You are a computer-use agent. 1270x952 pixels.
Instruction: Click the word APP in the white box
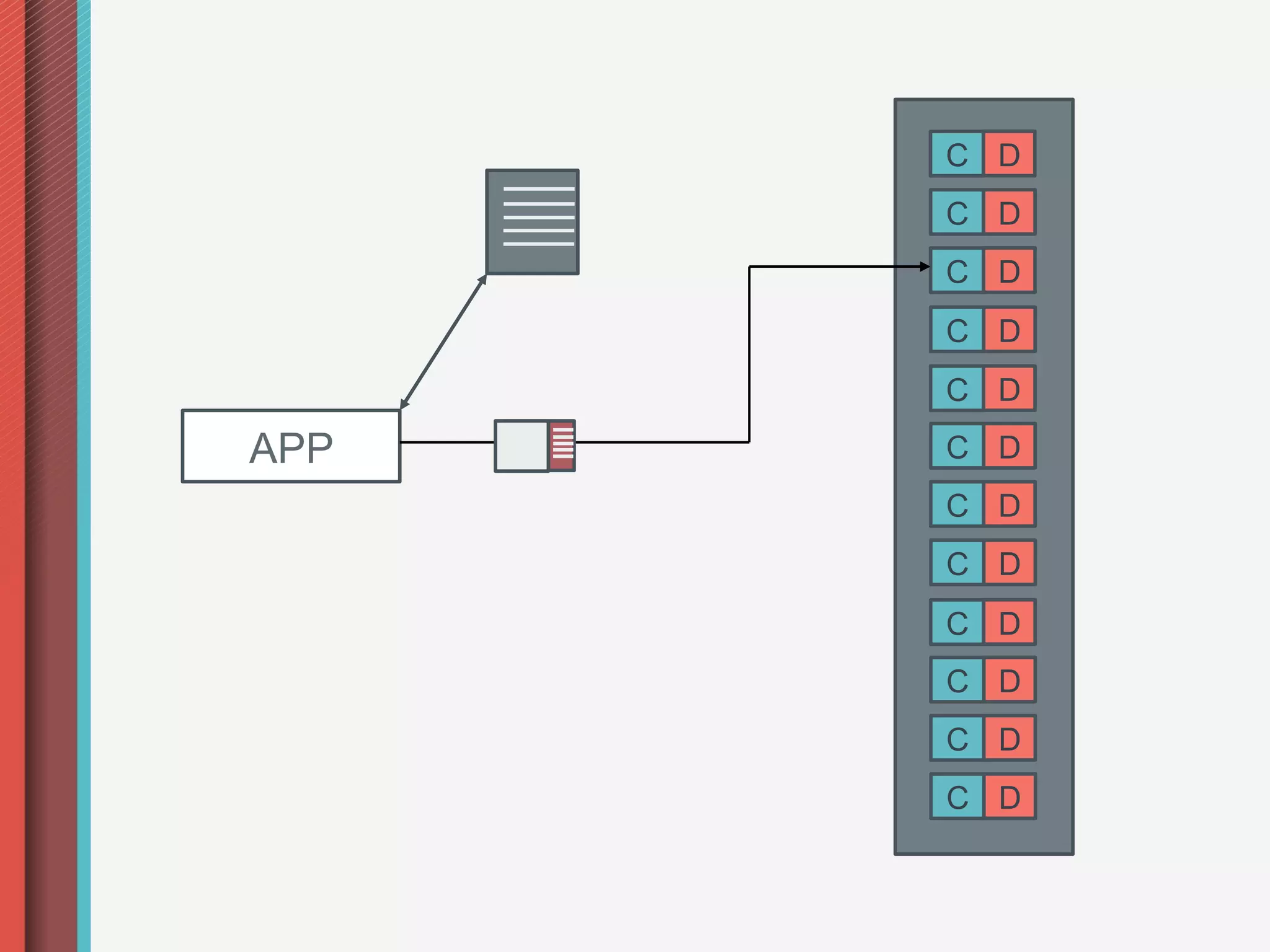click(291, 447)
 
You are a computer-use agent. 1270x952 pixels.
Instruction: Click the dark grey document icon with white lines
click(532, 222)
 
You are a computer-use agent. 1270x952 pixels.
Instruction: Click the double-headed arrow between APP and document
click(443, 342)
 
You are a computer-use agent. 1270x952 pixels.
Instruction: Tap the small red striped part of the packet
click(562, 446)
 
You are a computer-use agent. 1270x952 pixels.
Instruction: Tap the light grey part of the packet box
click(522, 446)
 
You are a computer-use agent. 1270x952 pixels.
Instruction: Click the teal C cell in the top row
click(957, 154)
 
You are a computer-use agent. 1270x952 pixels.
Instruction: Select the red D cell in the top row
click(1009, 154)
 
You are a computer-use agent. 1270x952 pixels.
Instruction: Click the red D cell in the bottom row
click(1009, 796)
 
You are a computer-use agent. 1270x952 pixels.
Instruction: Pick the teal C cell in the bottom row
click(957, 796)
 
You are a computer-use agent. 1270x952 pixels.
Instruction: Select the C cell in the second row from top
click(957, 212)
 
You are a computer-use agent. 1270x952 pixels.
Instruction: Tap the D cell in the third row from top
click(1009, 270)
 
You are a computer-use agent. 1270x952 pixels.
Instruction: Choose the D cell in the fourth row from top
click(1009, 330)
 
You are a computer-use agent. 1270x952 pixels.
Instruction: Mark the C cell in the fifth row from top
click(957, 388)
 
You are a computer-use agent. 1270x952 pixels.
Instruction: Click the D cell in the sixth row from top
click(1009, 446)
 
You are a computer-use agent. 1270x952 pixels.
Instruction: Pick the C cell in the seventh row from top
click(957, 505)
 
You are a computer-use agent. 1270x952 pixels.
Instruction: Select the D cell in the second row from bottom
click(1009, 738)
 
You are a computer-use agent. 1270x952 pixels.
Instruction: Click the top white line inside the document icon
click(538, 188)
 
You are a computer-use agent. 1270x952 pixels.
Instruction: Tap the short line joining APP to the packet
click(447, 442)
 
